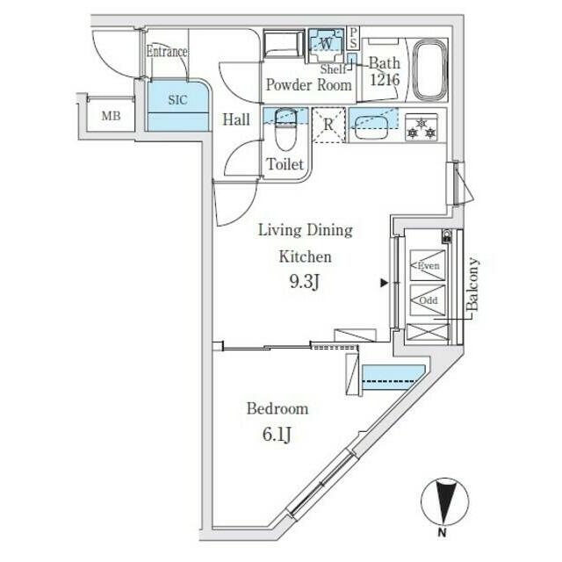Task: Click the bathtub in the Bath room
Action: point(430,70)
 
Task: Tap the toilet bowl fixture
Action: point(285,129)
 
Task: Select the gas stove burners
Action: point(421,128)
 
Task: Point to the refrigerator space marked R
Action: point(328,125)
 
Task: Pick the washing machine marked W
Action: point(326,46)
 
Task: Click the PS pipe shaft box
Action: point(353,38)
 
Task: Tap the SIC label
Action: point(177,99)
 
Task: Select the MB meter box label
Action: point(112,116)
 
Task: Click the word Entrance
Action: point(167,52)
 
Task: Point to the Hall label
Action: point(236,119)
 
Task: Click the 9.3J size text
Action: point(305,283)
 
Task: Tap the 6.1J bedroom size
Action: point(277,435)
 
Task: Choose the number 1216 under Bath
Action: point(385,80)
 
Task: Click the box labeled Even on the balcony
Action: point(428,265)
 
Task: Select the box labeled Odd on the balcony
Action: point(428,300)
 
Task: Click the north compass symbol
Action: point(444,505)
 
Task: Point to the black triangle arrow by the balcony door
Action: point(385,284)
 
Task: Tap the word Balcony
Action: point(472,284)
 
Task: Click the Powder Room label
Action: point(309,85)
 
